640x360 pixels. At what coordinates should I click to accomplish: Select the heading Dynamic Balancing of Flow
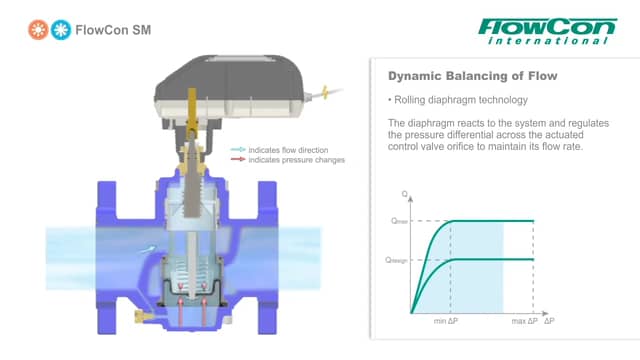click(457, 75)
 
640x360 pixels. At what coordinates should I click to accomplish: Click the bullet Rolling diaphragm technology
click(455, 100)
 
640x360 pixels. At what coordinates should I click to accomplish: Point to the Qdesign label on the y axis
click(400, 260)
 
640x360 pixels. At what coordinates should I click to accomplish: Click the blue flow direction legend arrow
click(238, 149)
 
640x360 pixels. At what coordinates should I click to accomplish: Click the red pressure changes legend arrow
click(238, 158)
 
